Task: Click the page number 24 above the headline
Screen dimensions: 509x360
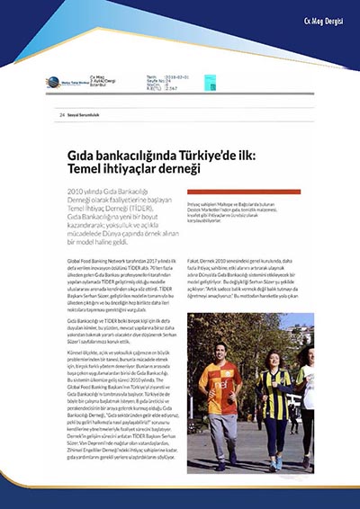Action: (x=62, y=115)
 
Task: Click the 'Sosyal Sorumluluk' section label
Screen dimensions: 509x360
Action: (x=86, y=115)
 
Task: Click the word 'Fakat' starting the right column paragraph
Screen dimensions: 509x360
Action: (x=193, y=240)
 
